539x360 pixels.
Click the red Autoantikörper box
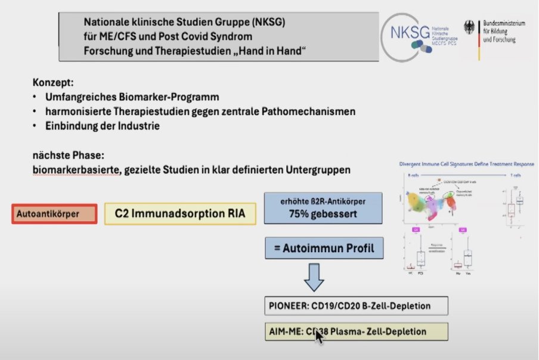(x=54, y=213)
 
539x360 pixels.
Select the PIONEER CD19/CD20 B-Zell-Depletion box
(x=356, y=307)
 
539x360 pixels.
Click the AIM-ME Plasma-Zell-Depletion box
(x=356, y=331)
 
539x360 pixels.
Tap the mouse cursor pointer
(x=319, y=336)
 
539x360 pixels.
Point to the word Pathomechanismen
(x=315, y=111)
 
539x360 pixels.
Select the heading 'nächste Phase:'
(x=69, y=154)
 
